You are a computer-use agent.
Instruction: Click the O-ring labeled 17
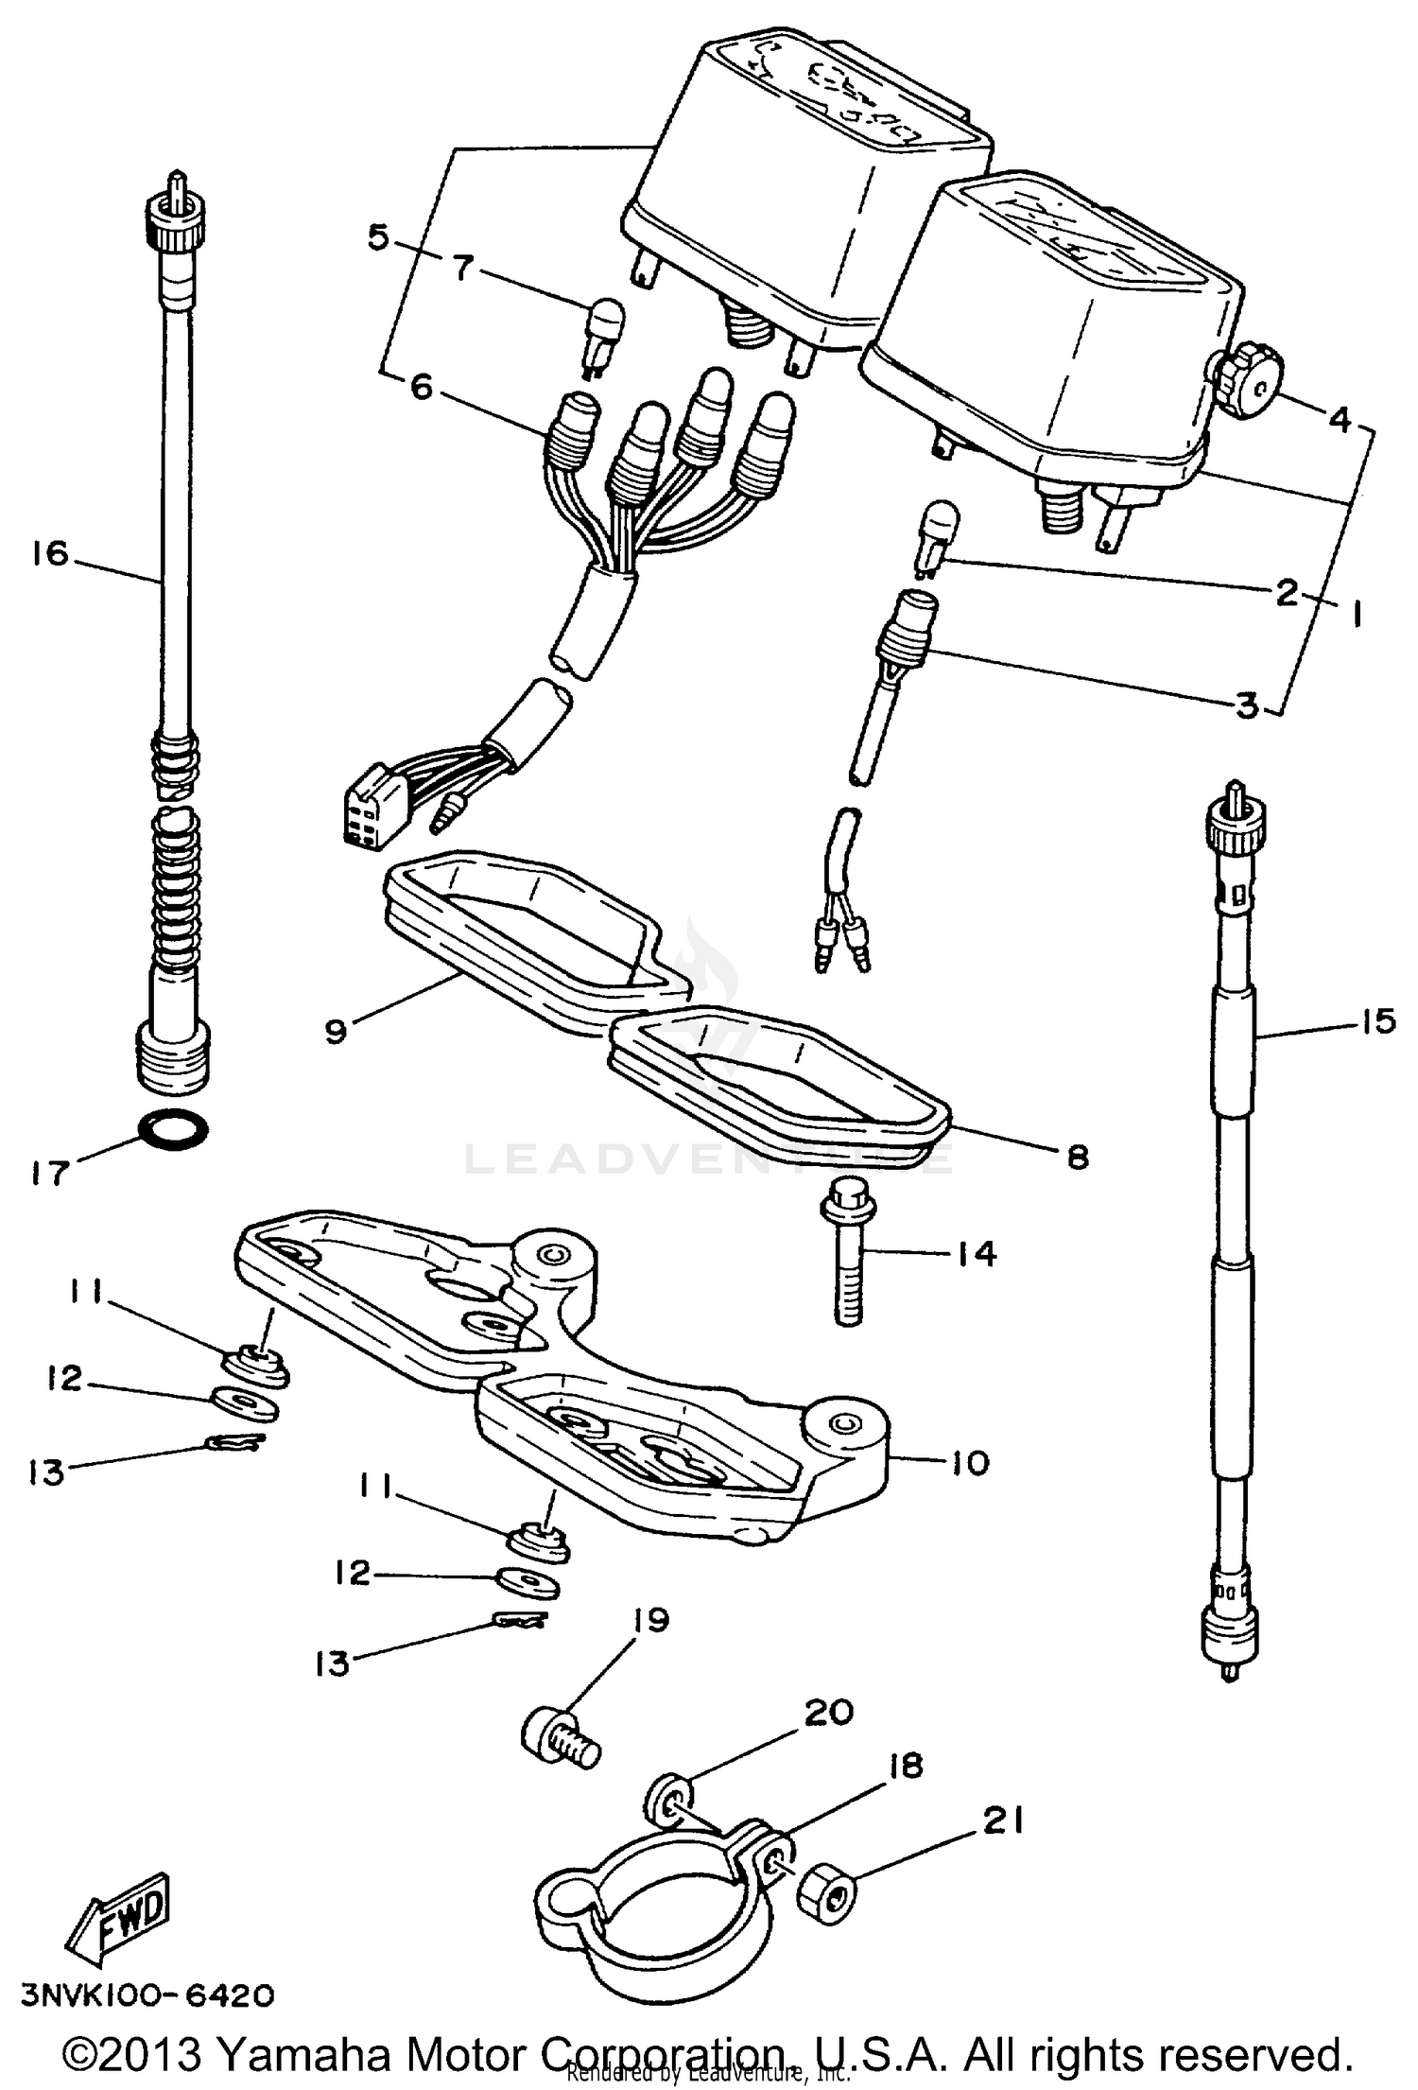(x=174, y=1129)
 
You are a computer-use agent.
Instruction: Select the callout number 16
(x=49, y=553)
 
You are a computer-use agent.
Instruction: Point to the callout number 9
(x=337, y=1031)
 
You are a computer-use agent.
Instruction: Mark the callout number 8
(x=1078, y=1156)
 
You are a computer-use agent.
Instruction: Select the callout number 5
(x=379, y=236)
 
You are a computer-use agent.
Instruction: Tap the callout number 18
(x=906, y=1765)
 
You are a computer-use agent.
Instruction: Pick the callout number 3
(x=1249, y=705)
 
